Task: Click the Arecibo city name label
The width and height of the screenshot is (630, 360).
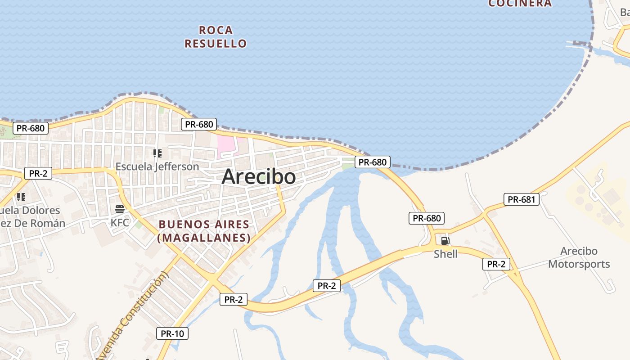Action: point(259,176)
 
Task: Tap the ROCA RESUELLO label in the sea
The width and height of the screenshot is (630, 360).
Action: point(216,37)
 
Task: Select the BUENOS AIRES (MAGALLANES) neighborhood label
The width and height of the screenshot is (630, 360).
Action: point(204,231)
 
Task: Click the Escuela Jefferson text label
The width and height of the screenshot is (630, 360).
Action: point(157,166)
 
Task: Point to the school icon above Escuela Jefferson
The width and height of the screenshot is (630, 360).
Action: point(157,153)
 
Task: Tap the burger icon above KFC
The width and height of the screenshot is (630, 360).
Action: point(120,209)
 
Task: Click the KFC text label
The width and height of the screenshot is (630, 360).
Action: point(120,222)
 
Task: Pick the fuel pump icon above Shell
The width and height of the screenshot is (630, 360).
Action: point(445,241)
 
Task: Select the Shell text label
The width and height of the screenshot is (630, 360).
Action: point(445,254)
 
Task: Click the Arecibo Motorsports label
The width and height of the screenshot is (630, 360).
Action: point(579,257)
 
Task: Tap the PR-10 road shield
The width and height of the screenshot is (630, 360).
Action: point(172,333)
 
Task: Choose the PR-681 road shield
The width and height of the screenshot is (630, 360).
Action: point(521,199)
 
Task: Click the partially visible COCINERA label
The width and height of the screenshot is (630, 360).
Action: point(520,4)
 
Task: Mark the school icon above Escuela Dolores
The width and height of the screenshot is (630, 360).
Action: point(21,197)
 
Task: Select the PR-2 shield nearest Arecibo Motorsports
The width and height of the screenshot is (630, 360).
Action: point(496,264)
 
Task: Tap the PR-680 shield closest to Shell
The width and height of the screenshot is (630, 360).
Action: point(427,218)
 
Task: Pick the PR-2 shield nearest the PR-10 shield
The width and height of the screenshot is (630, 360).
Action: point(233,299)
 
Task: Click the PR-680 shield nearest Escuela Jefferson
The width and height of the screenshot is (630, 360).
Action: point(199,124)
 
